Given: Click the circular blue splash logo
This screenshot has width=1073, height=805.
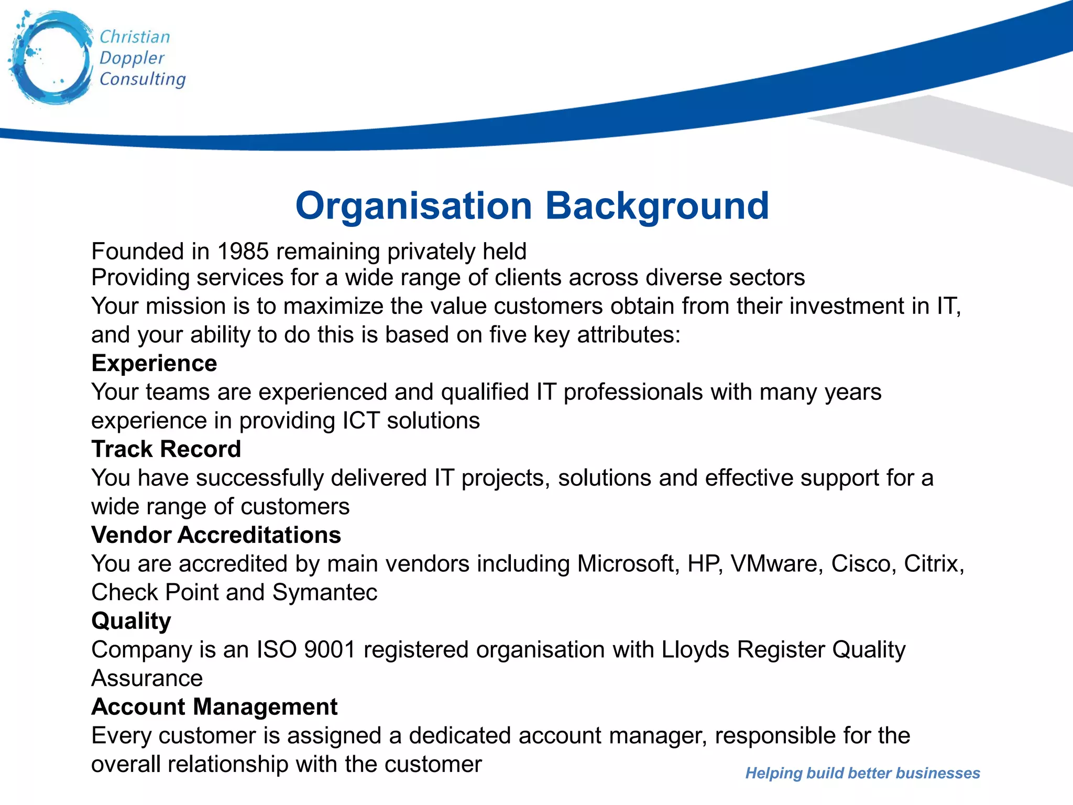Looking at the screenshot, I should (51, 58).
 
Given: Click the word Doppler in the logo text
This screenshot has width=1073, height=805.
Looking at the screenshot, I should (132, 58).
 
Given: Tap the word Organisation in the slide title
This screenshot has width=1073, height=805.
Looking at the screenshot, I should (413, 205).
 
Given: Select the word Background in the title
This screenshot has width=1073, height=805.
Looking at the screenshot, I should (657, 205).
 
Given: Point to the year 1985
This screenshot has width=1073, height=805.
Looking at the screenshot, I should (243, 252).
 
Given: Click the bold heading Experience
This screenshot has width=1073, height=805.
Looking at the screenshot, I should (154, 363).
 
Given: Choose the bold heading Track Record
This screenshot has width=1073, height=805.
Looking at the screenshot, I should (166, 449).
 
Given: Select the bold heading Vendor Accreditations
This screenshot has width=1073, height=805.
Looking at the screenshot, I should (216, 535).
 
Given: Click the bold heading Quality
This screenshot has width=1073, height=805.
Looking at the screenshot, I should (131, 621).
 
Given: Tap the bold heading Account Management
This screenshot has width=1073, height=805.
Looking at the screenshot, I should (214, 707).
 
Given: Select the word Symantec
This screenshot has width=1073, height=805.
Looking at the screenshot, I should (324, 593).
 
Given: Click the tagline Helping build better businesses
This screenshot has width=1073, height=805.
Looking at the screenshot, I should (862, 773).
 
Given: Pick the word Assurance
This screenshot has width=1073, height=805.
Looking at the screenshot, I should (147, 679).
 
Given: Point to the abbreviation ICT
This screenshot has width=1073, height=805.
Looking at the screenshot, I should (361, 421).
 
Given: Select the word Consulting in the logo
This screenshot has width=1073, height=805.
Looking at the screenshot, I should (143, 79).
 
